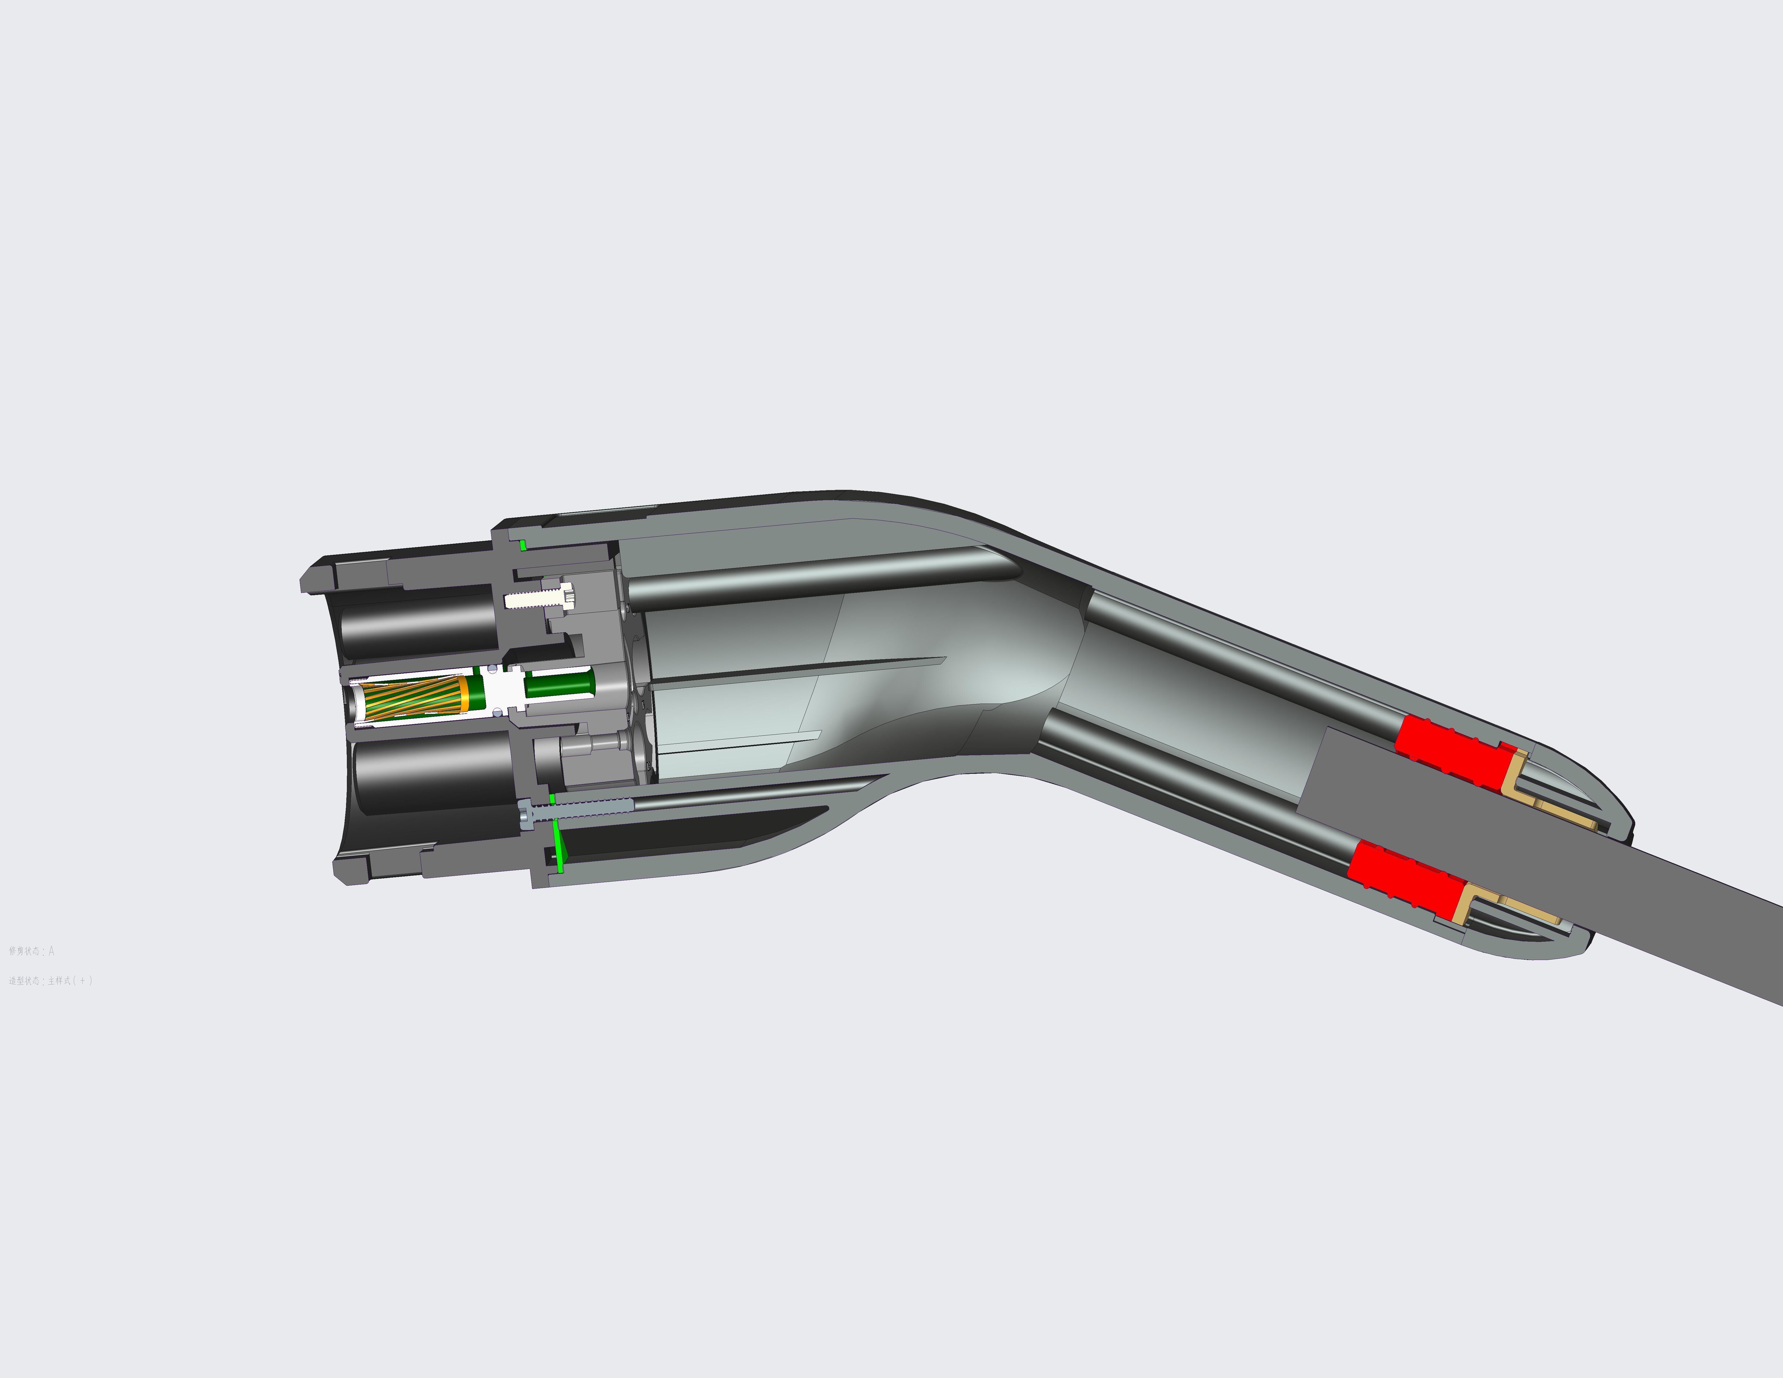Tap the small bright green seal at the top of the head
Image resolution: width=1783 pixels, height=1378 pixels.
pyautogui.click(x=522, y=544)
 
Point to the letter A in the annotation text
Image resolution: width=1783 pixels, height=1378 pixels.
pyautogui.click(x=51, y=951)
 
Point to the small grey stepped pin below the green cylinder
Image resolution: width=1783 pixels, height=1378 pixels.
pyautogui.click(x=592, y=744)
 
